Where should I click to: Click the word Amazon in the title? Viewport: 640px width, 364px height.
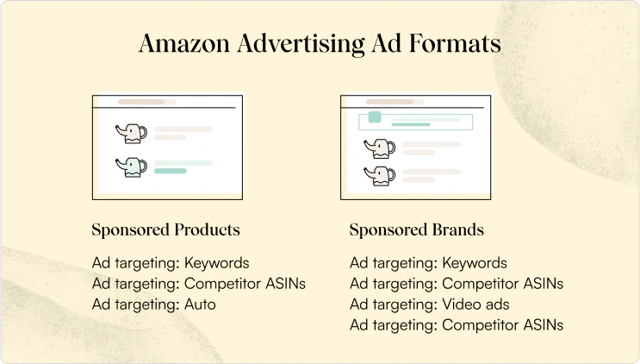click(184, 43)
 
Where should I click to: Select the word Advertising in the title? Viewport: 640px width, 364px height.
click(301, 44)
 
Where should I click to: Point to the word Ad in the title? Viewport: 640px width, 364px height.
click(387, 43)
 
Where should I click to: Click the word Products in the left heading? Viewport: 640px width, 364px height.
click(207, 229)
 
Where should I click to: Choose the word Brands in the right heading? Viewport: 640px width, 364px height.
click(457, 229)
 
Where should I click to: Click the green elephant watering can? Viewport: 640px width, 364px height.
click(131, 166)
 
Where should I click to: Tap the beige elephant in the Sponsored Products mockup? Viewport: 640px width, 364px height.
click(131, 133)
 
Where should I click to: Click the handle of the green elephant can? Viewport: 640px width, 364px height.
click(143, 166)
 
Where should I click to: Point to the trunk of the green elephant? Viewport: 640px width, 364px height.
click(120, 164)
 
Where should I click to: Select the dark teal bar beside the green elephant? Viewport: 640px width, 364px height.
click(171, 171)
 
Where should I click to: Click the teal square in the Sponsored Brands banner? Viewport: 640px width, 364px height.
click(375, 116)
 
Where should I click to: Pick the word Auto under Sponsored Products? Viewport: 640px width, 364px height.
click(200, 304)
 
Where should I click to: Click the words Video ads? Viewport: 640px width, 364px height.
click(475, 304)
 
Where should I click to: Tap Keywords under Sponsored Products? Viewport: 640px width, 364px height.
click(217, 263)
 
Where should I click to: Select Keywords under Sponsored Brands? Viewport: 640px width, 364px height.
click(475, 263)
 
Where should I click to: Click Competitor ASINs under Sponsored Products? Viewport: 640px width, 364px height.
click(245, 284)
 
